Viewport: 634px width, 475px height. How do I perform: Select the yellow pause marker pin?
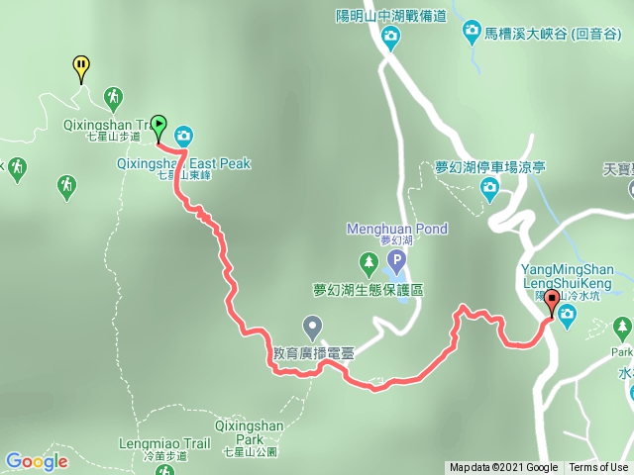(81, 67)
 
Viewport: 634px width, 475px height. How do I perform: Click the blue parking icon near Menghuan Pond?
(395, 262)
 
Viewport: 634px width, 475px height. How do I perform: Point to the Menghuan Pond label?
(396, 230)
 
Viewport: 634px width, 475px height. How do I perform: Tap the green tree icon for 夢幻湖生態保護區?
(369, 262)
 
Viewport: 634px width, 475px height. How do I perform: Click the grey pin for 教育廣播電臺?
(313, 325)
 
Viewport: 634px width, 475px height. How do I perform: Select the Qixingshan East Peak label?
(185, 163)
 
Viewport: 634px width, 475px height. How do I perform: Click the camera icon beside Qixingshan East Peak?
(184, 135)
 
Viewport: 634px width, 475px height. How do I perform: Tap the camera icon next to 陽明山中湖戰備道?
(391, 39)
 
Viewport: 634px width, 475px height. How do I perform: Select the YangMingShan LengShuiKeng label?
(566, 276)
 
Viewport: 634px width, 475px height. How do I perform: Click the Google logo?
(37, 461)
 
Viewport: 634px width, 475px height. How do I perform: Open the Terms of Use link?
(597, 468)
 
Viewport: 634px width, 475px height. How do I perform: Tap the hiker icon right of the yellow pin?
(114, 97)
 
